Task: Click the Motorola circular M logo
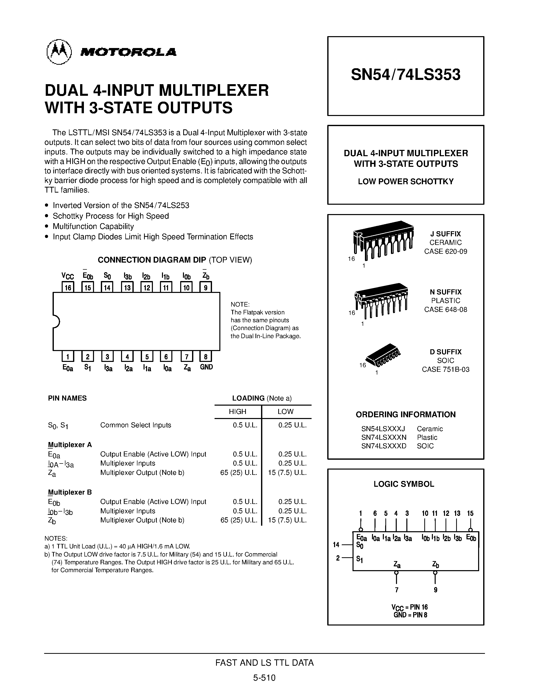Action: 59,52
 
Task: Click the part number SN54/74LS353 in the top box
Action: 406,75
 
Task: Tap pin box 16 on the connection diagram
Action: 68,287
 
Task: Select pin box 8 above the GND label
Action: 206,356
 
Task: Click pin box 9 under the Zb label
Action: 205,287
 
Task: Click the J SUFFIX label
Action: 445,234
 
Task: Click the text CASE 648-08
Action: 445,309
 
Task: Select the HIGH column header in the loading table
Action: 237,411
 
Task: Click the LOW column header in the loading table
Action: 285,411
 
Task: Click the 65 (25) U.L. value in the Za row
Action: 239,473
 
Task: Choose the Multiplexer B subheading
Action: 70,492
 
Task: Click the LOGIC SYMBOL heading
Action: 404,484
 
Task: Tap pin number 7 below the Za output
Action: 396,590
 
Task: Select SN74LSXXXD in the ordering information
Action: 384,446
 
